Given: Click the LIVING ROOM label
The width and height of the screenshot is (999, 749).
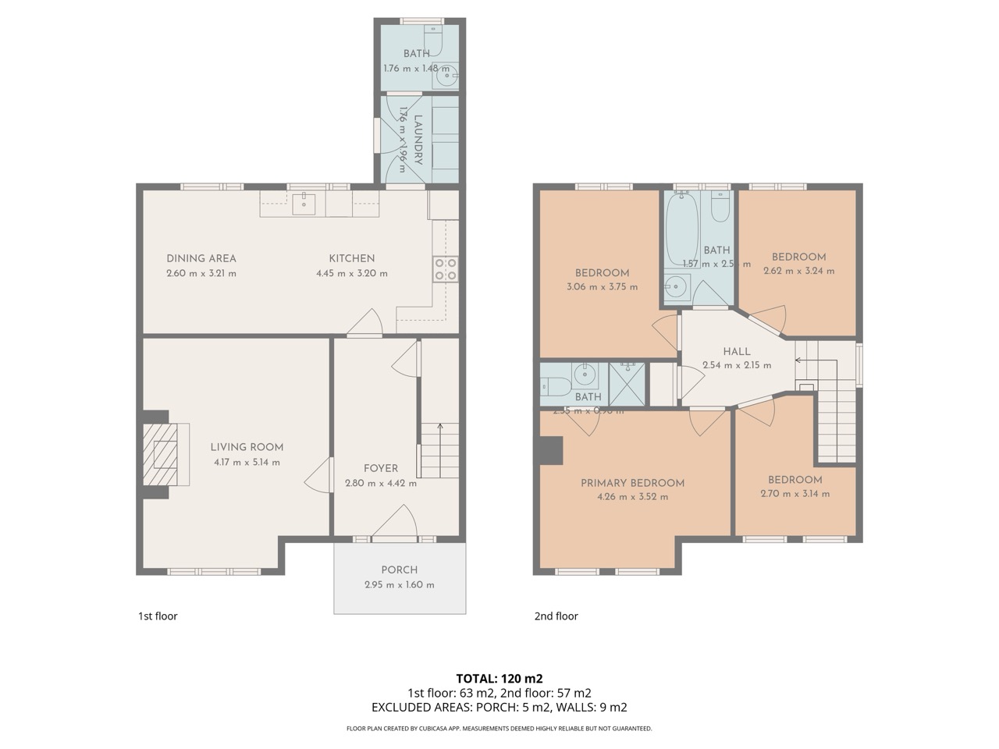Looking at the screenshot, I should (247, 447).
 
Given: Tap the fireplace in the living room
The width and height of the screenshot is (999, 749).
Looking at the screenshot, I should (165, 454).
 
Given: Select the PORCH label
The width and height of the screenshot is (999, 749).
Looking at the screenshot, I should (399, 570).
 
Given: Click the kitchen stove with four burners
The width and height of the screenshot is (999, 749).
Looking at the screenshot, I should (446, 269).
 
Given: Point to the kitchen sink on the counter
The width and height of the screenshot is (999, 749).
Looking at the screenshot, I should (304, 204).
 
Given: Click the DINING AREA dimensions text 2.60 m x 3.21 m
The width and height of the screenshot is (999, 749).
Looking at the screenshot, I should (201, 273).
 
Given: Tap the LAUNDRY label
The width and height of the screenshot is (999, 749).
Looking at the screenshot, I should (418, 140).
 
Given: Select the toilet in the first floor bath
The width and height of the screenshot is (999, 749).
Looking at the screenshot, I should (433, 39).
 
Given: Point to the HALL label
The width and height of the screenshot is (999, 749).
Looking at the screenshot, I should (737, 351).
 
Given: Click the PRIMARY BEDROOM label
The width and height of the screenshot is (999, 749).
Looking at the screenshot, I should (632, 483).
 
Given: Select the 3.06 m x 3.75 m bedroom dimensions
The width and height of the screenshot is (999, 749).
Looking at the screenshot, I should (602, 286).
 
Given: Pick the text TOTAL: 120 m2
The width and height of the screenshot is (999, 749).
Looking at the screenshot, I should (499, 678).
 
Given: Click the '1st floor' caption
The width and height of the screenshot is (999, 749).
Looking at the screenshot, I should (158, 616).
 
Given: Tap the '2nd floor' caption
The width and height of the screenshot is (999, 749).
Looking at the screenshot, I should (556, 616).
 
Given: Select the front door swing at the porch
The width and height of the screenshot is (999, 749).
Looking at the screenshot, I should (398, 521).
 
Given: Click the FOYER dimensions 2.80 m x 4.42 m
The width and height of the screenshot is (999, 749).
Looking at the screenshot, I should (381, 483).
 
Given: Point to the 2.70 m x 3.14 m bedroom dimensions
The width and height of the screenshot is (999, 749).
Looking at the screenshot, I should (795, 493).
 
